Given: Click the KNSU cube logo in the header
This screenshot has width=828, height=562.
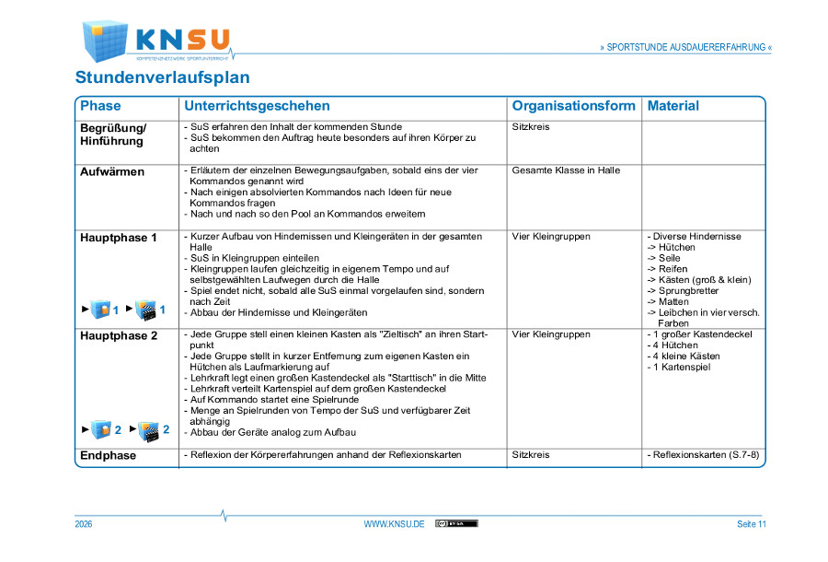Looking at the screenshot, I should click(104, 40).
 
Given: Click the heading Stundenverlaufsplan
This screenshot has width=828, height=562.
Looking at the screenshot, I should click(162, 77).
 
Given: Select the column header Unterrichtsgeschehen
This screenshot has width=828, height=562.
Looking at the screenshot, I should click(257, 106).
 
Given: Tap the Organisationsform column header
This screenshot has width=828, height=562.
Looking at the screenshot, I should click(573, 106).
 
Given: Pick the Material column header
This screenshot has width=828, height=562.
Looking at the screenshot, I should click(673, 106).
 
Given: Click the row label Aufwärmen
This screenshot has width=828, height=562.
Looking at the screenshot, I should click(112, 171).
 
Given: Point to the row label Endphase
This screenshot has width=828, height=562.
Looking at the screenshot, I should click(108, 455).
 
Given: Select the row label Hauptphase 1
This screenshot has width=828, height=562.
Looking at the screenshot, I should click(119, 238).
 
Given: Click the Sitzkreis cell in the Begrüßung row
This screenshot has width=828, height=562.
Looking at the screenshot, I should click(531, 127).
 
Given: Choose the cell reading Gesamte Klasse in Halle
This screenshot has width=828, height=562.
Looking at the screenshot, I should click(566, 170).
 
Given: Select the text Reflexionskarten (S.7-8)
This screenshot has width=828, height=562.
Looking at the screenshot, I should click(706, 455).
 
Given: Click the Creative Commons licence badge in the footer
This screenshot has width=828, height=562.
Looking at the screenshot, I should click(456, 523).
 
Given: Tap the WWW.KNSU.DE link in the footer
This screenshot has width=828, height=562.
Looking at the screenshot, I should click(394, 524).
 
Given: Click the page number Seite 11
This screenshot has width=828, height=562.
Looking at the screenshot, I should click(751, 524).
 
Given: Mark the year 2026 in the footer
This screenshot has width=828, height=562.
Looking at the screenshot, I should click(84, 524).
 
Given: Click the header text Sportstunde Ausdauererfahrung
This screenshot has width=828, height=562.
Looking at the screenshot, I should click(685, 47).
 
